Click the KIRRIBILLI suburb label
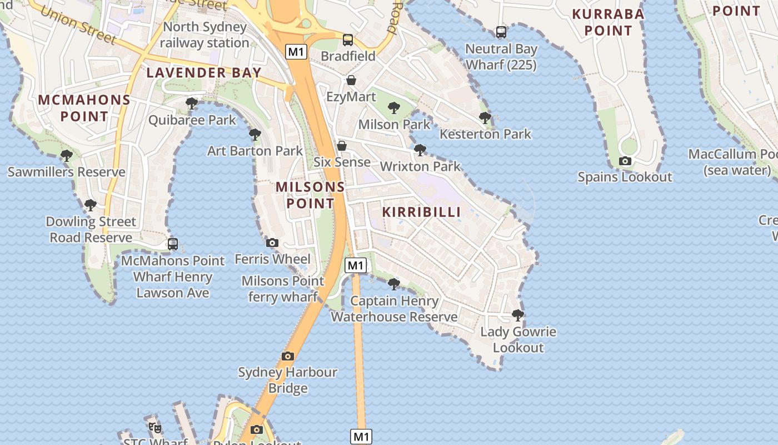pyautogui.click(x=422, y=212)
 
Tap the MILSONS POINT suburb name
pyautogui.click(x=310, y=195)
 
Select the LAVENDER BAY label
pyautogui.click(x=204, y=72)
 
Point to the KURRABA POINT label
pyautogui.click(x=608, y=22)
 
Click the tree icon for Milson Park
pyautogui.click(x=394, y=107)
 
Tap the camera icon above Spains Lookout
pyautogui.click(x=625, y=161)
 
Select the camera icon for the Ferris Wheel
pyautogui.click(x=272, y=243)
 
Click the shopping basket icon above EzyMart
pyautogui.click(x=351, y=80)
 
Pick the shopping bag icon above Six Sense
pyautogui.click(x=342, y=146)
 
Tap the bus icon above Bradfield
pyautogui.click(x=348, y=40)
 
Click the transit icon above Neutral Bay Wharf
pyautogui.click(x=501, y=32)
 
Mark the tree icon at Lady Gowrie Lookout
pyautogui.click(x=518, y=315)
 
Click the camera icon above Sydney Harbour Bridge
pyautogui.click(x=288, y=356)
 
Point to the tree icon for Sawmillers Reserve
pyautogui.click(x=67, y=156)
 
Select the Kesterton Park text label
pyautogui.click(x=485, y=134)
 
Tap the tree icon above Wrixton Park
pyautogui.click(x=420, y=150)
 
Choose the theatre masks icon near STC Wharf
pyautogui.click(x=155, y=427)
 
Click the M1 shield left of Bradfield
pyautogui.click(x=296, y=52)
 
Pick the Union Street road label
pyautogui.click(x=78, y=24)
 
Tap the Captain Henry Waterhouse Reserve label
pyautogui.click(x=395, y=309)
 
